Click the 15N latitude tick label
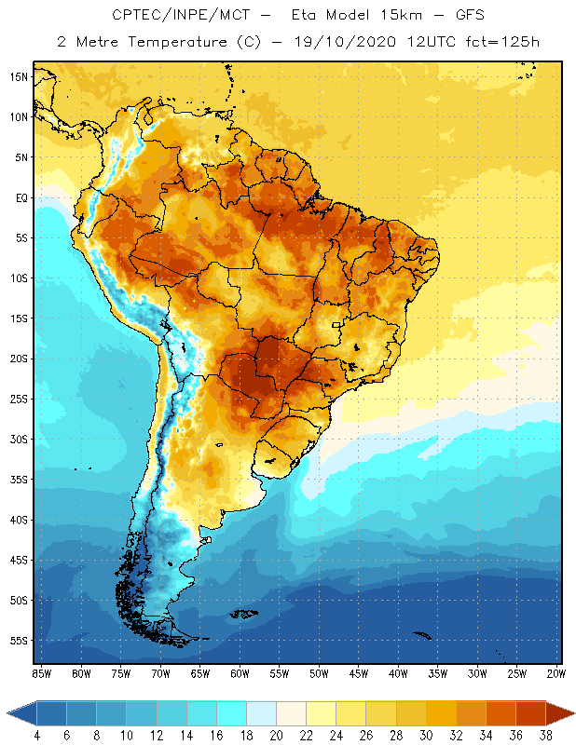pyautogui.click(x=18, y=77)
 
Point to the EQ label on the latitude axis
pyautogui.click(x=19, y=198)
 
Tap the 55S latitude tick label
pyautogui.click(x=18, y=641)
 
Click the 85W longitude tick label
pyautogui.click(x=41, y=673)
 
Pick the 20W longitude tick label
pyautogui.click(x=555, y=673)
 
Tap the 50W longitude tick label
pyautogui.click(x=319, y=673)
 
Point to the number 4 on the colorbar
pyautogui.click(x=37, y=736)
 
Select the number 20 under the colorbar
pyautogui.click(x=276, y=736)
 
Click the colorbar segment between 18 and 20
pyautogui.click(x=261, y=713)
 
